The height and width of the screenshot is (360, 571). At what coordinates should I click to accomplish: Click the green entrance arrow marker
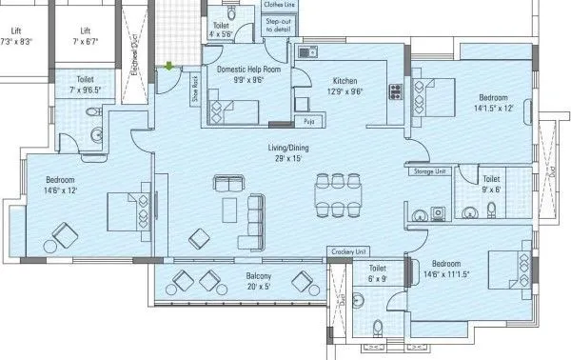pos(168,66)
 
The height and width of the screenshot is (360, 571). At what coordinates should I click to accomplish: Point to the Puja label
pos(307,122)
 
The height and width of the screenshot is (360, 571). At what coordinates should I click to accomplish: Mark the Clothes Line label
pos(280,5)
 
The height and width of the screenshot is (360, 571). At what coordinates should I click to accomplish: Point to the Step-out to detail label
pos(280,27)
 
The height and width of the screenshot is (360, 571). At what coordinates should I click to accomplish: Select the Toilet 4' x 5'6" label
pos(221,30)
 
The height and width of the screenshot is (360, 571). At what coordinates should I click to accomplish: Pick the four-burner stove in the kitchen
pos(394,92)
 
